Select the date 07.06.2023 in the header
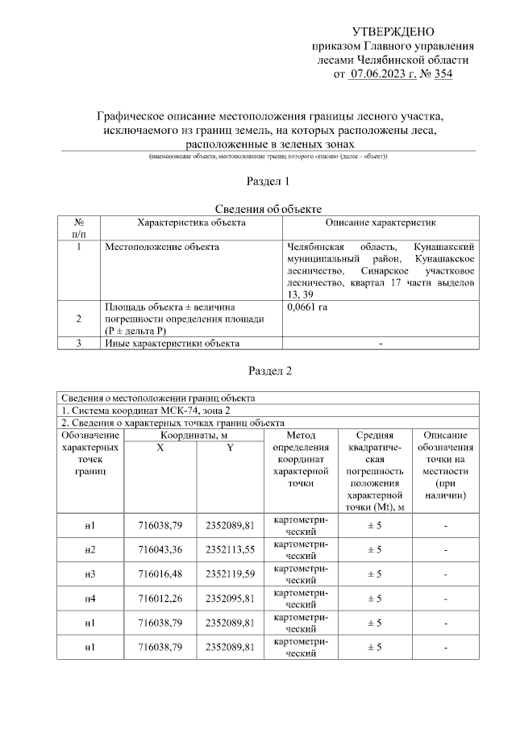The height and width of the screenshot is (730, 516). tap(382, 75)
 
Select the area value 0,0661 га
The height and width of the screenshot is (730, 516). tap(308, 307)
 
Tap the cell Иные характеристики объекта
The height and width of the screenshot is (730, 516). tap(173, 344)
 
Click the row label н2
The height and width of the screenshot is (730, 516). tap(90, 549)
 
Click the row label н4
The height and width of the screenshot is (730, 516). tap(90, 598)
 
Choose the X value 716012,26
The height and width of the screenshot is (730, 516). tap(160, 598)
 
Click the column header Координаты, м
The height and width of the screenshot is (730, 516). tap(194, 435)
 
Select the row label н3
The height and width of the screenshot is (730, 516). tap(90, 574)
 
